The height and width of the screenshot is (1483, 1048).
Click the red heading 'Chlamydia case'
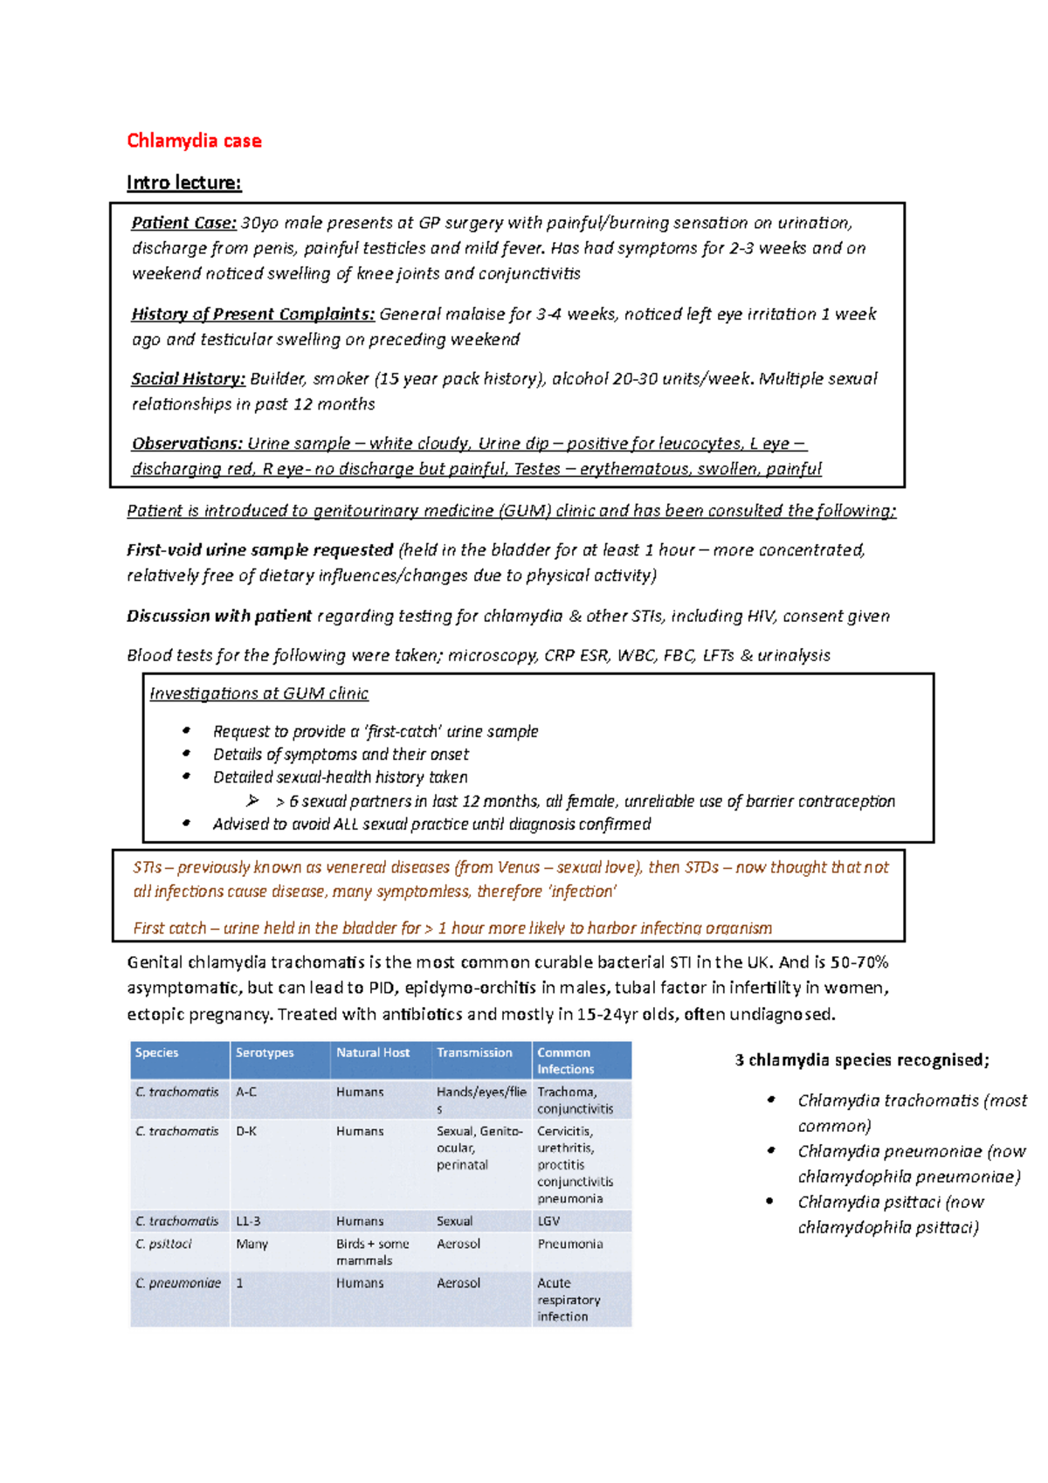[193, 141]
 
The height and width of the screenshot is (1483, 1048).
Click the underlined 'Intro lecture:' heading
[183, 183]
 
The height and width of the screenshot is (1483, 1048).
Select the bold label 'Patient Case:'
[183, 223]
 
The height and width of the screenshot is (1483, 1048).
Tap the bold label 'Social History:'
[188, 378]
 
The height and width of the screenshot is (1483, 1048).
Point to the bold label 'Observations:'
[187, 443]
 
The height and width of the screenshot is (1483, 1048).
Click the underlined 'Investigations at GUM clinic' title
[259, 693]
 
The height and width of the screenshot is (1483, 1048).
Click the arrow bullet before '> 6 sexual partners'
[252, 800]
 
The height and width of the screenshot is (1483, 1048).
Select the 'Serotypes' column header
[265, 1052]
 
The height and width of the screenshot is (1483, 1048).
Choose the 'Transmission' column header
[474, 1052]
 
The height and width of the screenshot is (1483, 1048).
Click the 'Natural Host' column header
[373, 1052]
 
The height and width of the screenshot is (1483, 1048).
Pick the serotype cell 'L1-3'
[248, 1221]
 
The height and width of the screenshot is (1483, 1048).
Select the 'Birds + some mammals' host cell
[373, 1252]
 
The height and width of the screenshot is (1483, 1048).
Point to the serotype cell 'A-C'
[246, 1092]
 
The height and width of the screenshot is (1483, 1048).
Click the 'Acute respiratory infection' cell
[569, 1300]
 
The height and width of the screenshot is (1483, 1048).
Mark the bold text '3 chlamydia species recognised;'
[862, 1059]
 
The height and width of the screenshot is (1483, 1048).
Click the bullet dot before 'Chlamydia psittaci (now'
[770, 1201]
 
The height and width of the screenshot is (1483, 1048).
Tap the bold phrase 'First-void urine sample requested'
[259, 549]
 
